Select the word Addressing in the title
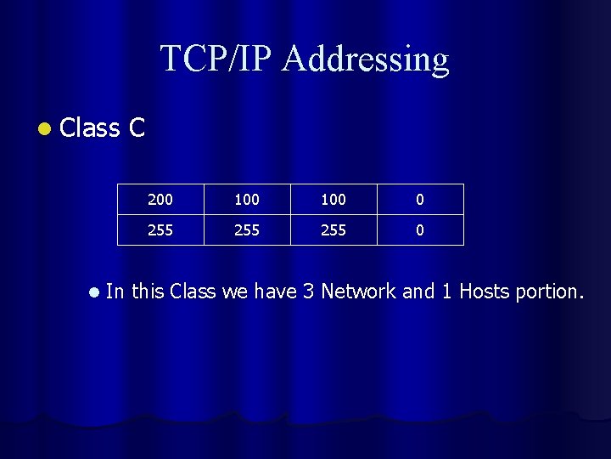coord(366,59)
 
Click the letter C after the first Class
coord(137,128)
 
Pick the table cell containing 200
coord(160,200)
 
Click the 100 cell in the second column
coord(247,200)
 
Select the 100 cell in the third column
coord(334,200)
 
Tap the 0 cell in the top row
coord(420,200)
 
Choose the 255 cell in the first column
coord(160,230)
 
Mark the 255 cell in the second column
coord(247,230)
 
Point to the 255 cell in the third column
coord(334,230)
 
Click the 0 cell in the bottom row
coord(420,230)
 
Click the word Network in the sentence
coord(358,292)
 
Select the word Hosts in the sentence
coord(484,292)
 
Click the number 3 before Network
coord(309,292)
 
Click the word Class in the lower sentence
coord(193,292)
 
